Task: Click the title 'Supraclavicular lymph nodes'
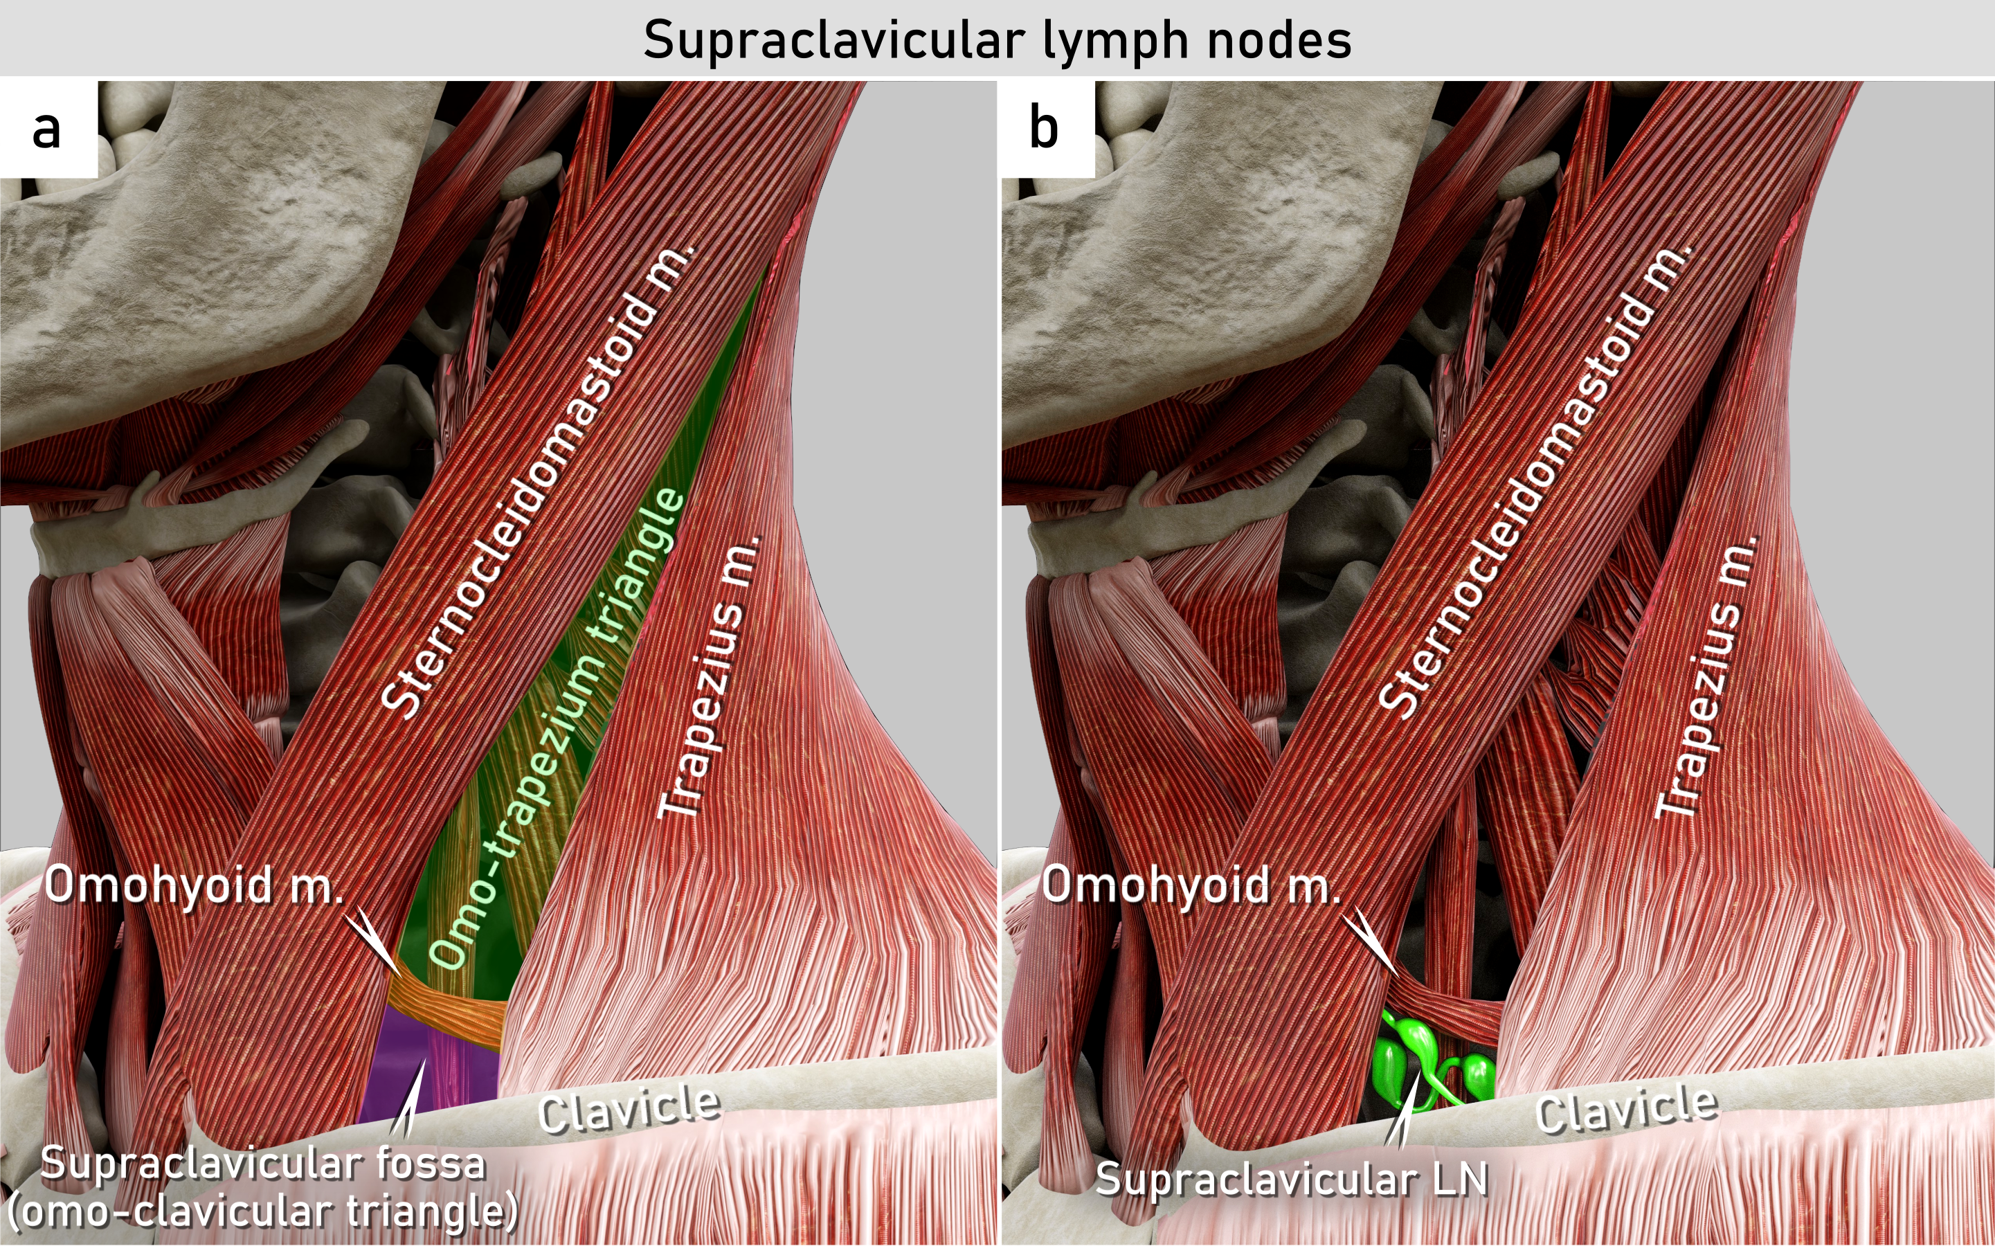(x=997, y=39)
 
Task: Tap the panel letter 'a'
(x=47, y=129)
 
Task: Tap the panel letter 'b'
(x=1043, y=129)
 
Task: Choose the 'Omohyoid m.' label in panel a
(x=195, y=886)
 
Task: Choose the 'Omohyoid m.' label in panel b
(x=1191, y=886)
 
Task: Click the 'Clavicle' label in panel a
(x=629, y=1109)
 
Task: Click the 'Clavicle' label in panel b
(x=1627, y=1109)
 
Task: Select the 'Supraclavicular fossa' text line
(x=263, y=1164)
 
